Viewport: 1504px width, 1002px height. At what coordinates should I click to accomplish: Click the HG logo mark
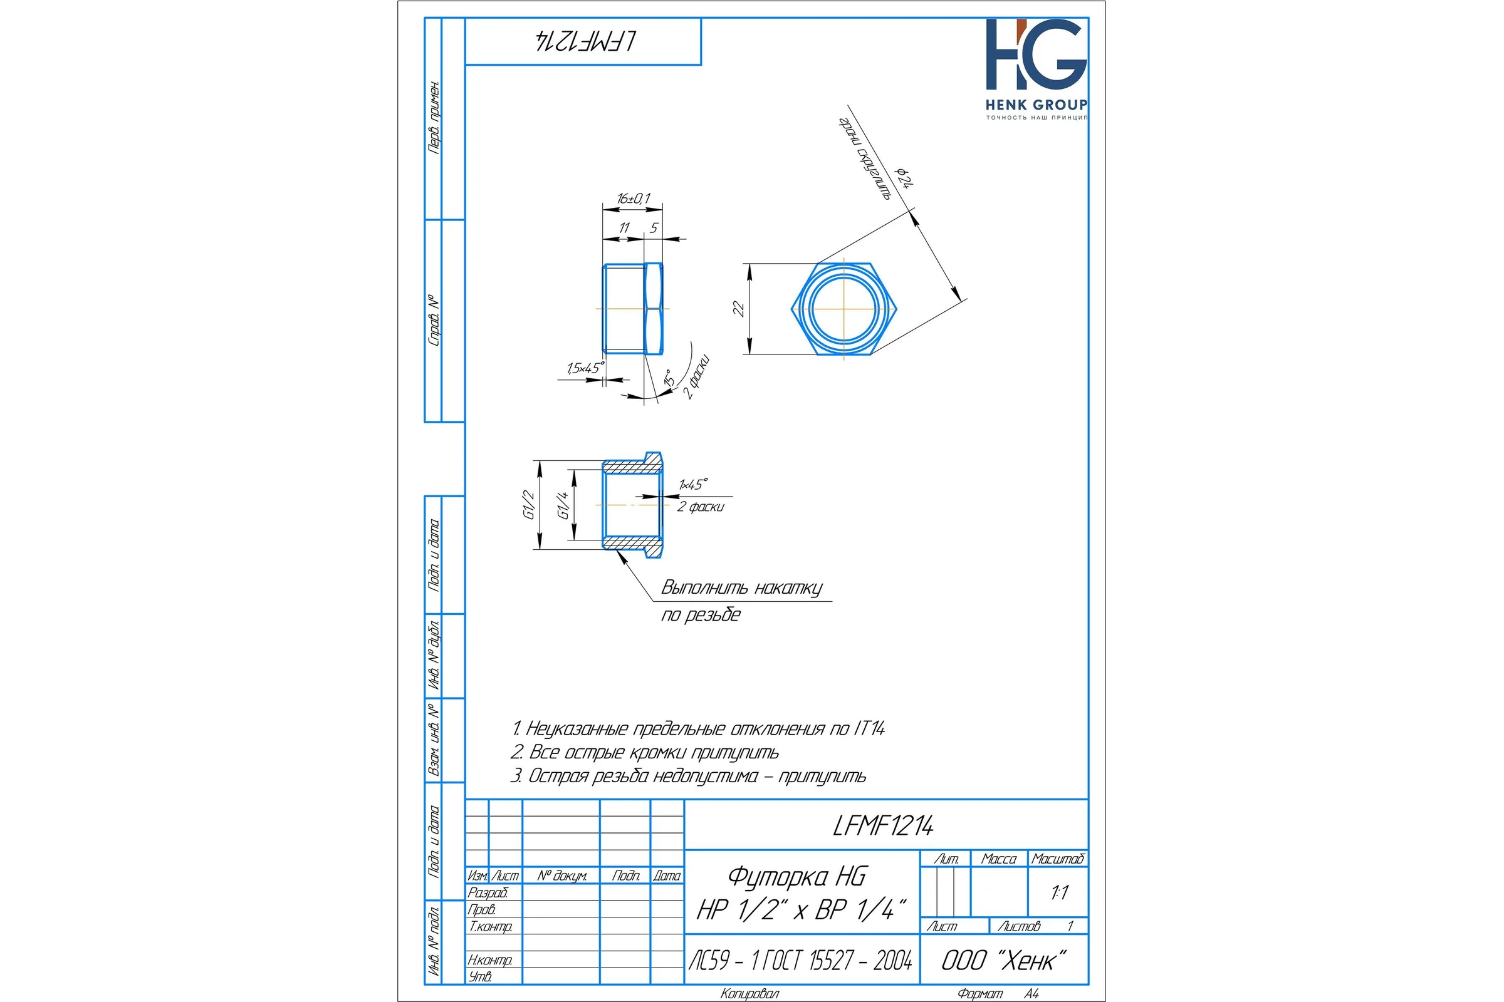1036,54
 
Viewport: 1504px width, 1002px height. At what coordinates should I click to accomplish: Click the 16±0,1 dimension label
633,199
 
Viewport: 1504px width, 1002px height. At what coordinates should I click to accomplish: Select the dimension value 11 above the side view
624,228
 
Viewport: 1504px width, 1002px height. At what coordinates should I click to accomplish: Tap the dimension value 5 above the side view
654,228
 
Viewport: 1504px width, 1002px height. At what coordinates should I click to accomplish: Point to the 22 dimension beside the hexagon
739,309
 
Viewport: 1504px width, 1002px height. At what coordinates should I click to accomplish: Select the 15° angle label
669,378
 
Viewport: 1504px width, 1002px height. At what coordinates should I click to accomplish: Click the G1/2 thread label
529,505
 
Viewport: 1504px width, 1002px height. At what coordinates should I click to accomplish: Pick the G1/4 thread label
563,505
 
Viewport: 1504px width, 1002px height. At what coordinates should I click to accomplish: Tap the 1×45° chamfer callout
693,484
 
